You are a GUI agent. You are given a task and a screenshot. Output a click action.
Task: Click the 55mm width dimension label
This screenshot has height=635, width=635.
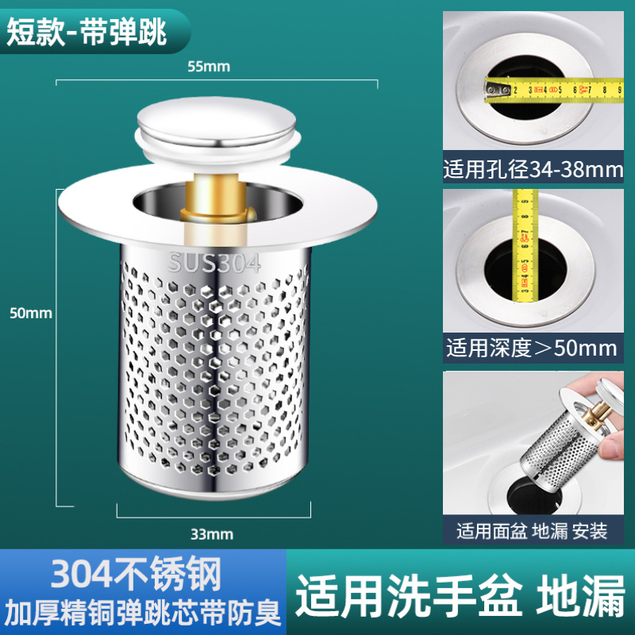click(x=208, y=67)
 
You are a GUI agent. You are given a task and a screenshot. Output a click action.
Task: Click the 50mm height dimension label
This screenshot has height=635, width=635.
click(x=31, y=313)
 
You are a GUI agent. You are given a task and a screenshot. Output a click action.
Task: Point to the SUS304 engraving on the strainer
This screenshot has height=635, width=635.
click(x=214, y=264)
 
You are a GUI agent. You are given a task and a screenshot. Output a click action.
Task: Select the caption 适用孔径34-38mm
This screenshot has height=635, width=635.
click(x=533, y=170)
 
